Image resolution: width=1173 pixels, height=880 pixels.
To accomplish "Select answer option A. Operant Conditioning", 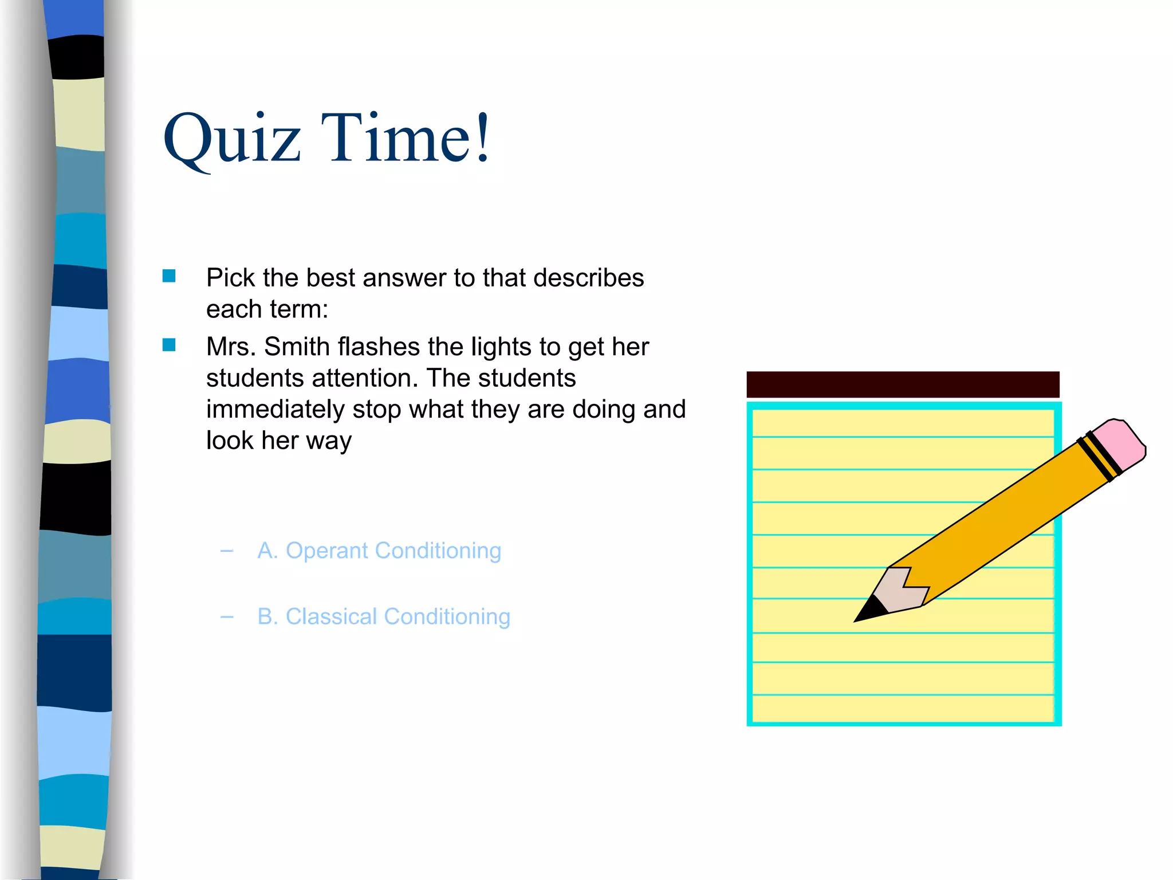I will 379,551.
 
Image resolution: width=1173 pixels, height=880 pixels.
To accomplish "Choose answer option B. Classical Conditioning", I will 384,616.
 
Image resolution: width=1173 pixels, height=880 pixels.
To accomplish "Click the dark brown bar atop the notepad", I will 903,384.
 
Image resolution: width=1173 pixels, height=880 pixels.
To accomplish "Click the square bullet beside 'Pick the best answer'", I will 169,276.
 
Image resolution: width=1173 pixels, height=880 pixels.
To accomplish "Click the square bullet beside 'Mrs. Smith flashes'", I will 169,344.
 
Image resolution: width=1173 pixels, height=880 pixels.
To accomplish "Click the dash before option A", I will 227,551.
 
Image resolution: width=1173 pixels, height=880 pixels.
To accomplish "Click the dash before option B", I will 227,617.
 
